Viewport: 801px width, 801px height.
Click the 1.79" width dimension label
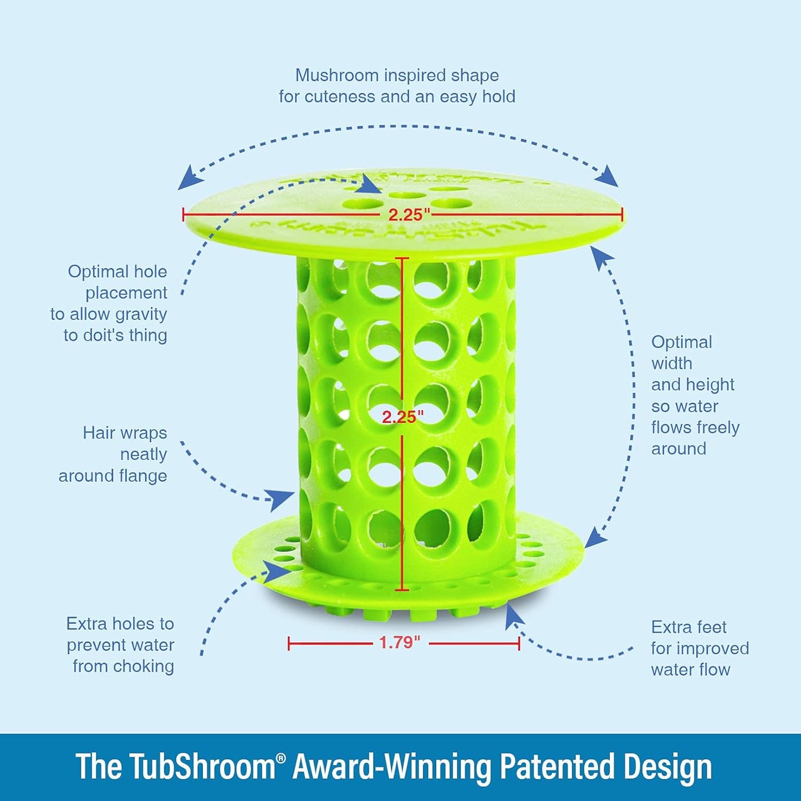point(400,642)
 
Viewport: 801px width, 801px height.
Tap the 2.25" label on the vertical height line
point(402,417)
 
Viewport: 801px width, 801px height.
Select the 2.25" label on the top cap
point(406,215)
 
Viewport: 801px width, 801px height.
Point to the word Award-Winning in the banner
point(393,767)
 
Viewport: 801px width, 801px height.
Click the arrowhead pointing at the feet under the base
point(512,615)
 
